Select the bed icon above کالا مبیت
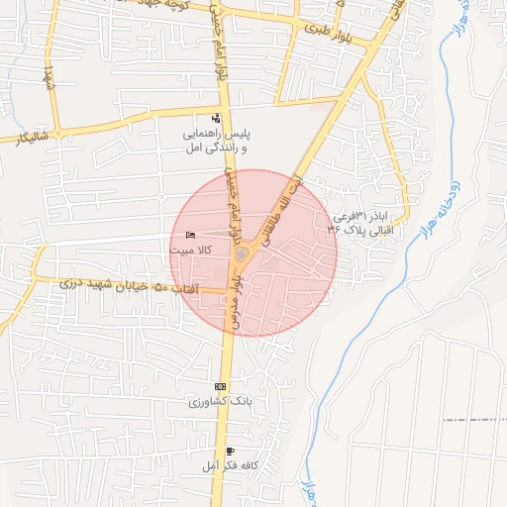(190, 236)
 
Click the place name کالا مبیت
(190, 252)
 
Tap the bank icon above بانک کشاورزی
(220, 386)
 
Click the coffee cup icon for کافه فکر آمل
(231, 451)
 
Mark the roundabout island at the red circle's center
(242, 256)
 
